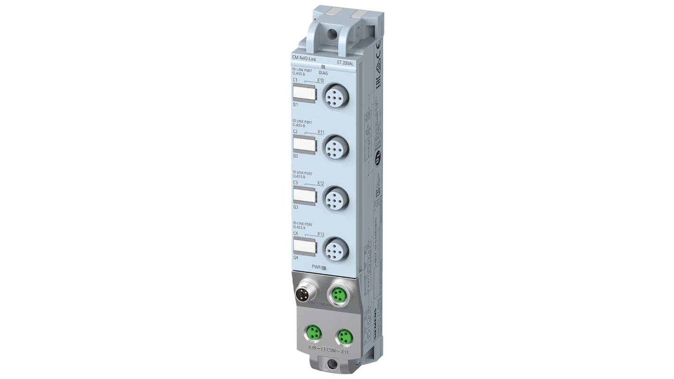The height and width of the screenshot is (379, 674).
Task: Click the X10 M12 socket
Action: coord(336,95)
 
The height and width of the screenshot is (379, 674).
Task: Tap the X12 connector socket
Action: coord(336,198)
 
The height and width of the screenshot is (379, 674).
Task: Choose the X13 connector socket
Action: coord(336,249)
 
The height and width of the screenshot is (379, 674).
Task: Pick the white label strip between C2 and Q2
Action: coord(304,145)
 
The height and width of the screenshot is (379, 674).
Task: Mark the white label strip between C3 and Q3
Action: coord(304,196)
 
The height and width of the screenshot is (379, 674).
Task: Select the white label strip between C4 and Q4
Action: coord(304,247)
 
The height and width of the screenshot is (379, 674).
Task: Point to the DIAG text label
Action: coord(324,73)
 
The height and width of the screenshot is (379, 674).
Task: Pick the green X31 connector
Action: coord(344,336)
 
